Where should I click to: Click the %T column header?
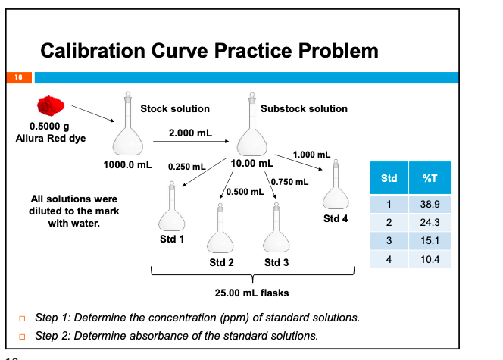430,178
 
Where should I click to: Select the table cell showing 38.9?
430,205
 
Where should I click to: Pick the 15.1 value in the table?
430,242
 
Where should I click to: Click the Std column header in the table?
389,178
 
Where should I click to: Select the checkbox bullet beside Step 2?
24,336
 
